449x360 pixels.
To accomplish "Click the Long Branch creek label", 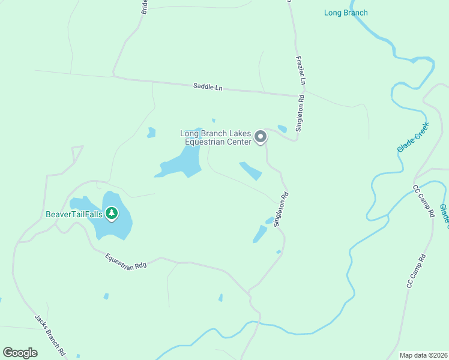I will click(346, 13).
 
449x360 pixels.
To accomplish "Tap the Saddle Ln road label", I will click(208, 86).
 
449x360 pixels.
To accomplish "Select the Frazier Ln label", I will click(302, 71).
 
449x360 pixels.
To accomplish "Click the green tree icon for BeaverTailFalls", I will click(111, 213).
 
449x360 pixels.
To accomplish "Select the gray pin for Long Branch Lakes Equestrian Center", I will click(261, 137).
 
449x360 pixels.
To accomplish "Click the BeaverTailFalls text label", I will click(74, 214).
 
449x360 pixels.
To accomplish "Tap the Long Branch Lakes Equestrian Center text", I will click(216, 137).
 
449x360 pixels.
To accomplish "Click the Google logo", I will click(20, 353).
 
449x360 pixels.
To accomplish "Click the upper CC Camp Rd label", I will click(423, 201).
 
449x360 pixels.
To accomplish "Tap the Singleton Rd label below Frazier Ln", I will click(300, 112).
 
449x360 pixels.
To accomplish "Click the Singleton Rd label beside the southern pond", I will click(281, 209).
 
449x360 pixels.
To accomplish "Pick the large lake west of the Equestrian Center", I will click(182, 163).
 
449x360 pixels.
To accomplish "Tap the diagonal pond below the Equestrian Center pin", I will click(251, 171).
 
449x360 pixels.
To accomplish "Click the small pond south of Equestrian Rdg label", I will click(106, 296).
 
